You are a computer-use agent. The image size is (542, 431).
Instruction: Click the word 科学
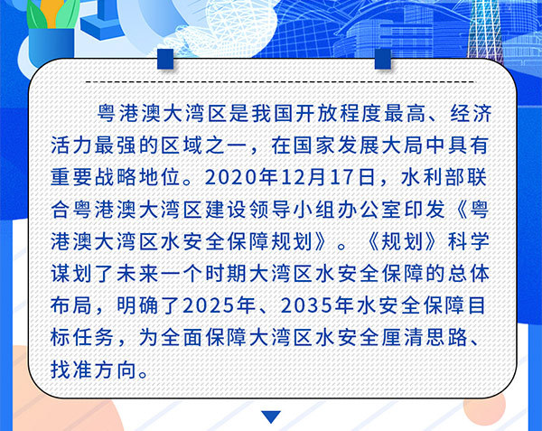pyautogui.click(x=469, y=241)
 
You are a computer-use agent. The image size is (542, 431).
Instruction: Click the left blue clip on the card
pyautogui.click(x=165, y=59)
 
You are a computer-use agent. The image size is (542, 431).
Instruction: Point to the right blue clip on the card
pyautogui.click(x=383, y=59)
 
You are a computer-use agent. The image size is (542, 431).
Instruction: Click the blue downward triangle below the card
pyautogui.click(x=271, y=417)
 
